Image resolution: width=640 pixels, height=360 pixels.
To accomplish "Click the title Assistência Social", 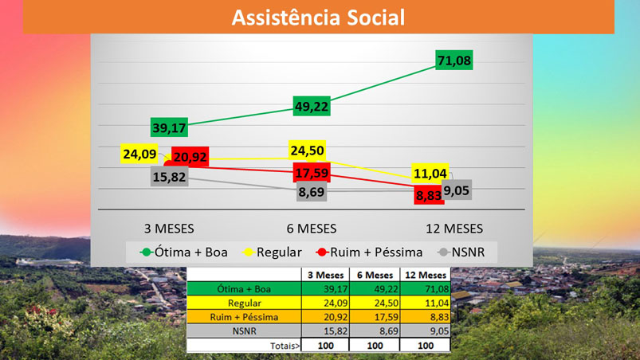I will [318, 17].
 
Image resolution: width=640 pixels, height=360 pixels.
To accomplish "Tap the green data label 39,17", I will [169, 127].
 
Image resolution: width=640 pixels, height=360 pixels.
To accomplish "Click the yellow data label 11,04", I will [431, 174].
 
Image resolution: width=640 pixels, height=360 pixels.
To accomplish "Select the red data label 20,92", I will [189, 158].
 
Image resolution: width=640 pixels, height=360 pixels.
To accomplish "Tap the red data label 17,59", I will [312, 173].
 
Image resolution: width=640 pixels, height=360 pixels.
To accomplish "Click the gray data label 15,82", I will [168, 178].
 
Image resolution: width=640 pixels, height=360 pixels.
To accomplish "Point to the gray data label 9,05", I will [456, 190].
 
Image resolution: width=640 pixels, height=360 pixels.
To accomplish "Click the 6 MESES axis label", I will [312, 229].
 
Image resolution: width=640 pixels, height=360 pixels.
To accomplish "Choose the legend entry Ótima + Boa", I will [185, 252].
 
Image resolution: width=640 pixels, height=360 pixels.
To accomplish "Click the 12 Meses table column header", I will [425, 275].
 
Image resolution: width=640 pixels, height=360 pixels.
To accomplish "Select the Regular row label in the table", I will [245, 303].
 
